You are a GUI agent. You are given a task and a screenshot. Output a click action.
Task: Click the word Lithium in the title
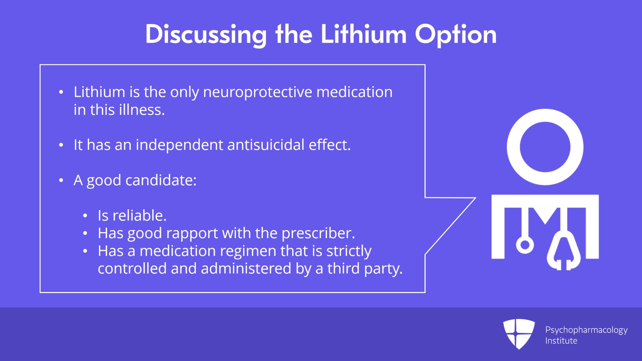[364, 34]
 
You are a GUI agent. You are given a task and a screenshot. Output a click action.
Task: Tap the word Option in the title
[456, 35]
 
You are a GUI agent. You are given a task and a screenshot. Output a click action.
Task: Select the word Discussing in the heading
[206, 35]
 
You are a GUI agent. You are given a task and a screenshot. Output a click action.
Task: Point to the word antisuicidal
[266, 145]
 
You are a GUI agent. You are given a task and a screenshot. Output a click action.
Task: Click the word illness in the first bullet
[142, 110]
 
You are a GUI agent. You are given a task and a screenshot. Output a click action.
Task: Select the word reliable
[140, 215]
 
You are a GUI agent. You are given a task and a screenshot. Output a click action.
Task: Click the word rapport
[192, 234]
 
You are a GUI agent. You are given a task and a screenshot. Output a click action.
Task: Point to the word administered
[246, 268]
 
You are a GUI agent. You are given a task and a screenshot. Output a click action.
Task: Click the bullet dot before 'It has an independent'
[61, 145]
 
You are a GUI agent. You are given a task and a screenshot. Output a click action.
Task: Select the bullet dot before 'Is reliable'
[85, 216]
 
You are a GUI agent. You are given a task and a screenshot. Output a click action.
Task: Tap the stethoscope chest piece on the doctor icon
[525, 245]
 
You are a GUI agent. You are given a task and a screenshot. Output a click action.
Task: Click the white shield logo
[519, 334]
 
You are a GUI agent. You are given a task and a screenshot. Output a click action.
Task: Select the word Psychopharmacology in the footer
[586, 330]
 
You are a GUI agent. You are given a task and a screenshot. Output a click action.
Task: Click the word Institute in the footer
[561, 341]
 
